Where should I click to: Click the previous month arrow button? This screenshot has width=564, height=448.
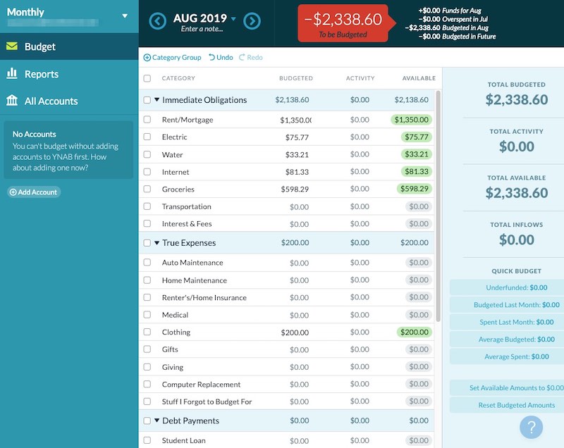(x=158, y=21)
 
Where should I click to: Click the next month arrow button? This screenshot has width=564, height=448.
(x=252, y=21)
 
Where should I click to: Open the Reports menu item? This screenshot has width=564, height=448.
(x=41, y=74)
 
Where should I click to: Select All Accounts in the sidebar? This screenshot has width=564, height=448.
(x=51, y=101)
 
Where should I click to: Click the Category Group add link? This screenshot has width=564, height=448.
(x=173, y=57)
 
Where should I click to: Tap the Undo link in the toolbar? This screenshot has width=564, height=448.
(x=221, y=57)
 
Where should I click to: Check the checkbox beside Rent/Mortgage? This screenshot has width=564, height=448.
(x=147, y=120)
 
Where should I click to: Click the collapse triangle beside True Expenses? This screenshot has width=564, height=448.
(x=157, y=243)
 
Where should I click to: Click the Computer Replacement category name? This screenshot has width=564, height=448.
(x=201, y=385)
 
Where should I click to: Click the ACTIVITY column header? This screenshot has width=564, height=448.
(x=360, y=78)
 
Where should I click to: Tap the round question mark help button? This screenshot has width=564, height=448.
(x=532, y=427)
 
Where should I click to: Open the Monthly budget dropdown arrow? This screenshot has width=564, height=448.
(x=125, y=15)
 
